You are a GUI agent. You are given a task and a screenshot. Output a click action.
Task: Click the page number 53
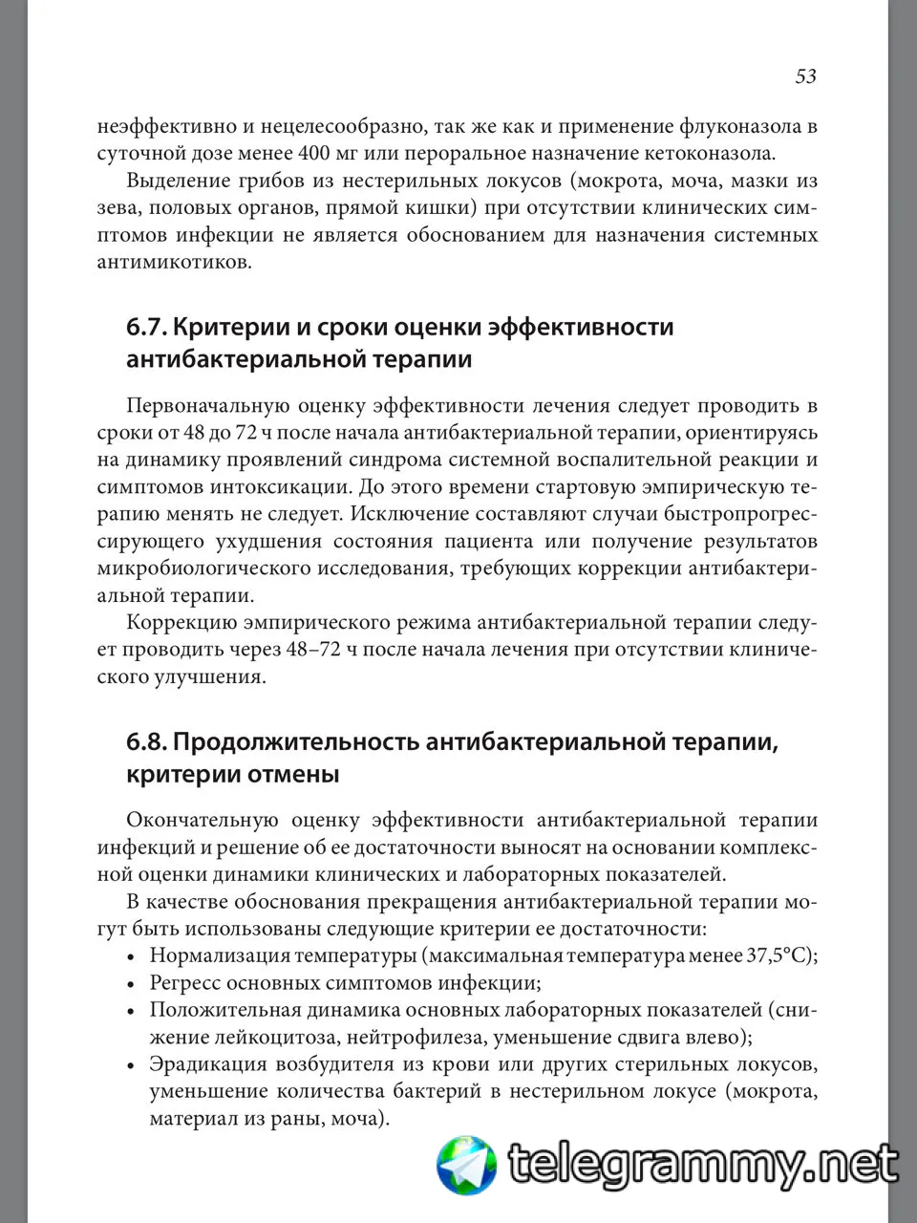pyautogui.click(x=805, y=76)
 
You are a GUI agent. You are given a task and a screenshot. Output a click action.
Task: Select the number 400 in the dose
pyautogui.click(x=315, y=153)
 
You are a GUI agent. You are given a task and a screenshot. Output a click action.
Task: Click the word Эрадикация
pyautogui.click(x=203, y=1064)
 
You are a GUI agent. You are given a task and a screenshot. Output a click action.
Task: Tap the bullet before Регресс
pyautogui.click(x=131, y=983)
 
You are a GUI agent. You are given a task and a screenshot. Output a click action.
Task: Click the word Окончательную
pyautogui.click(x=202, y=820)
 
